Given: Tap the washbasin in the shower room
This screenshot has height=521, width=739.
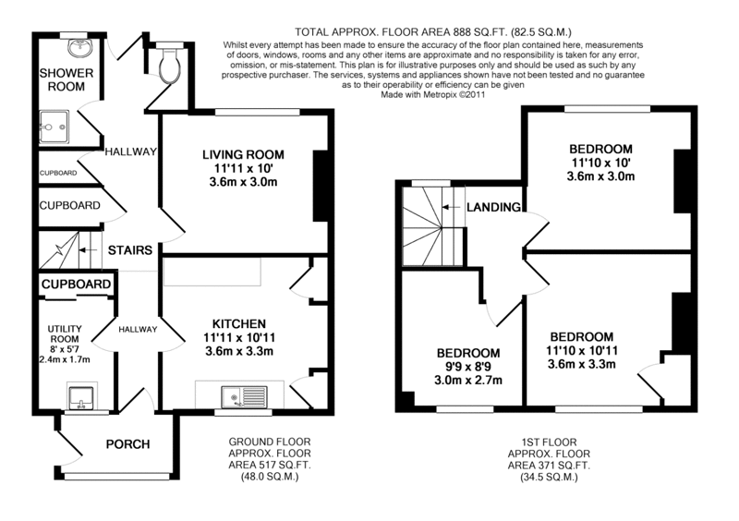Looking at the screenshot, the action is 76,45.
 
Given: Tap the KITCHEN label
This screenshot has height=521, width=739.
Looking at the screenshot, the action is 240,323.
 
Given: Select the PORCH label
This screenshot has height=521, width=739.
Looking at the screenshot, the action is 127,444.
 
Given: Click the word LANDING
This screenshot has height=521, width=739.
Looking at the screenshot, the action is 493,206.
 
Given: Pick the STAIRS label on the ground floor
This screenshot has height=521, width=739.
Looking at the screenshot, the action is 130,249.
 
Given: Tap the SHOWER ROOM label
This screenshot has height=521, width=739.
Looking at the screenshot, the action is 62,79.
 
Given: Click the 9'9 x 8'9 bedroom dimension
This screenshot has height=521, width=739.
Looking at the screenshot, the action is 468,368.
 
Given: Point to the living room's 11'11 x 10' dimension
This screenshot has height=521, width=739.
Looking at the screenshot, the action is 244,169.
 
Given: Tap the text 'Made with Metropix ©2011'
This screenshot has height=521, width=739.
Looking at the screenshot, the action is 433,93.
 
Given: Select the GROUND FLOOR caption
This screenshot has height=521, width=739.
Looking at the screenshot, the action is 270,442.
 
